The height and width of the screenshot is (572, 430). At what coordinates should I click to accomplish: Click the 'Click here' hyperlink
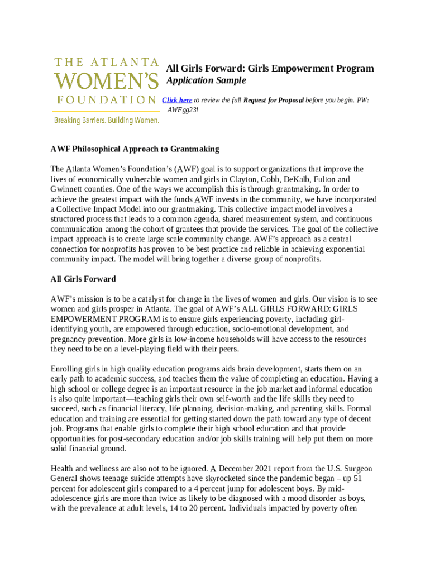tap(177, 100)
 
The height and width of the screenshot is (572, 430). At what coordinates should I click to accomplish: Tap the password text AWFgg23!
tap(183, 109)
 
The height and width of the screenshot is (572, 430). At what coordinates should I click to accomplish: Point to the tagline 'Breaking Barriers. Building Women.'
tap(106, 120)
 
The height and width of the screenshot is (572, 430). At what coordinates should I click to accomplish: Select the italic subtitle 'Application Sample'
tap(206, 80)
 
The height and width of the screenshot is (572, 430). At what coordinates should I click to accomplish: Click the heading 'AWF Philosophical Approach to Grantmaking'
tap(135, 149)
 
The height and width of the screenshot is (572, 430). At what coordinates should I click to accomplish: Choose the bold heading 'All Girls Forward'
tap(83, 279)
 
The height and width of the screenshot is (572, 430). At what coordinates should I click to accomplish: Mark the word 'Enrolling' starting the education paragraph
tap(67, 369)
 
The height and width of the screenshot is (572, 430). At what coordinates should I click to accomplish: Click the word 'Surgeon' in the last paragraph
tap(355, 468)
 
